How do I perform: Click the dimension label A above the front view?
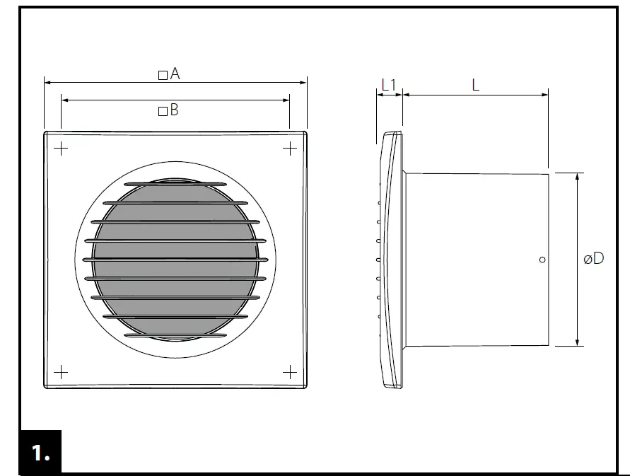tap(175, 74)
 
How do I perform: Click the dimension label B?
tap(174, 110)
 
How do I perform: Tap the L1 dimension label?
tap(389, 85)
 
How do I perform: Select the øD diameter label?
tap(594, 259)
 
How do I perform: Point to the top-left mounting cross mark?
tap(61, 148)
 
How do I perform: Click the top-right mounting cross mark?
tap(290, 148)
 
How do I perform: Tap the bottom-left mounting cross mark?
tap(61, 371)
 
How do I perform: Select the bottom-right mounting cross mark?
tap(290, 371)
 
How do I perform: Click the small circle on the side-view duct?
tap(542, 260)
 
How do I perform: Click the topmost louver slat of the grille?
tap(175, 185)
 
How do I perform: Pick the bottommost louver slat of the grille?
tap(175, 335)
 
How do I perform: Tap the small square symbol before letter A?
tap(163, 75)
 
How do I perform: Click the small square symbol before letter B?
tap(163, 111)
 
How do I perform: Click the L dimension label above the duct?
tap(476, 85)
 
